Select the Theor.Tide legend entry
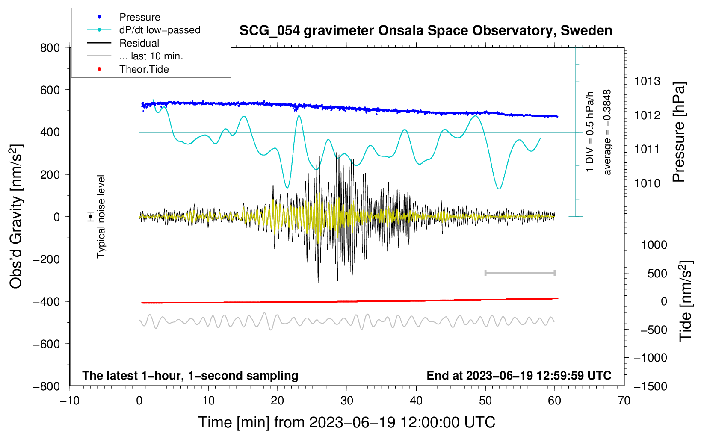144,69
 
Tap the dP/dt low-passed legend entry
160,30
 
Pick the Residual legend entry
139,43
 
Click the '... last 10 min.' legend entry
151,56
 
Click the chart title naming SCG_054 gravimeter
426,31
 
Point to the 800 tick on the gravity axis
50,47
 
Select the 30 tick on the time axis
347,401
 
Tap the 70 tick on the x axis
624,401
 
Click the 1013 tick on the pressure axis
647,81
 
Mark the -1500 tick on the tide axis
650,386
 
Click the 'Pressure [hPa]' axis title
679,132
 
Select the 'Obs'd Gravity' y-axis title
16,217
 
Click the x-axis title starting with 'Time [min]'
346,422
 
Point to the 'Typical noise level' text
101,217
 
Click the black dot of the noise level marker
91,217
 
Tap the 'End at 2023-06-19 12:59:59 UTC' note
519,376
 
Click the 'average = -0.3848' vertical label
607,132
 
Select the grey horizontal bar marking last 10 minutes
520,273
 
